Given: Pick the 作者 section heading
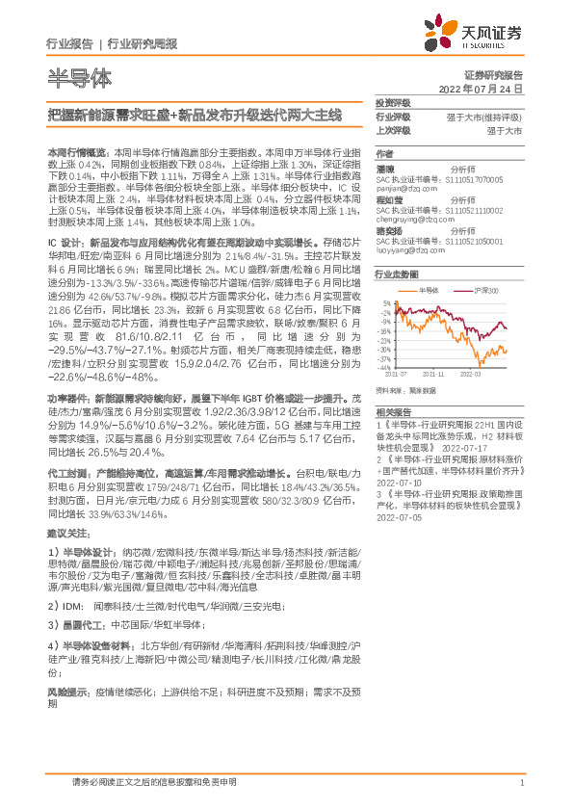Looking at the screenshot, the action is point(384,154).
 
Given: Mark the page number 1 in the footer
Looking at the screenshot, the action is point(521,783).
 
